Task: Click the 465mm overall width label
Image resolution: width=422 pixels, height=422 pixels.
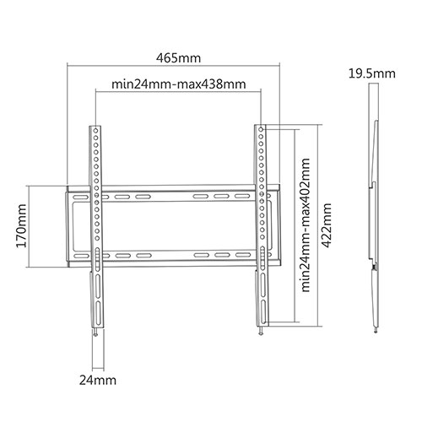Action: [179, 58]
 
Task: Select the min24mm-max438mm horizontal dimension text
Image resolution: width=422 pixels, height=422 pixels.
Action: [179, 84]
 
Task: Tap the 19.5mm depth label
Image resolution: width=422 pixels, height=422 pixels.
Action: [372, 73]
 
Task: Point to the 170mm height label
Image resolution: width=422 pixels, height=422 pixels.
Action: [21, 226]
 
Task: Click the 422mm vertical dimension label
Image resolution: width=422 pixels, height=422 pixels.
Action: [327, 225]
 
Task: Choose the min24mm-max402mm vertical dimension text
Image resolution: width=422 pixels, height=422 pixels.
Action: [306, 225]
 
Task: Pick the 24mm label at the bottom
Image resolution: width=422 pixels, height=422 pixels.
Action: [98, 381]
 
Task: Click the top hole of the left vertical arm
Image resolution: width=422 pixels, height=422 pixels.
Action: [95, 131]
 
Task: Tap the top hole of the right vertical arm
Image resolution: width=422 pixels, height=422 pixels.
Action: [261, 129]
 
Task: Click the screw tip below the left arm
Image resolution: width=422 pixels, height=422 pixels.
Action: [96, 335]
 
